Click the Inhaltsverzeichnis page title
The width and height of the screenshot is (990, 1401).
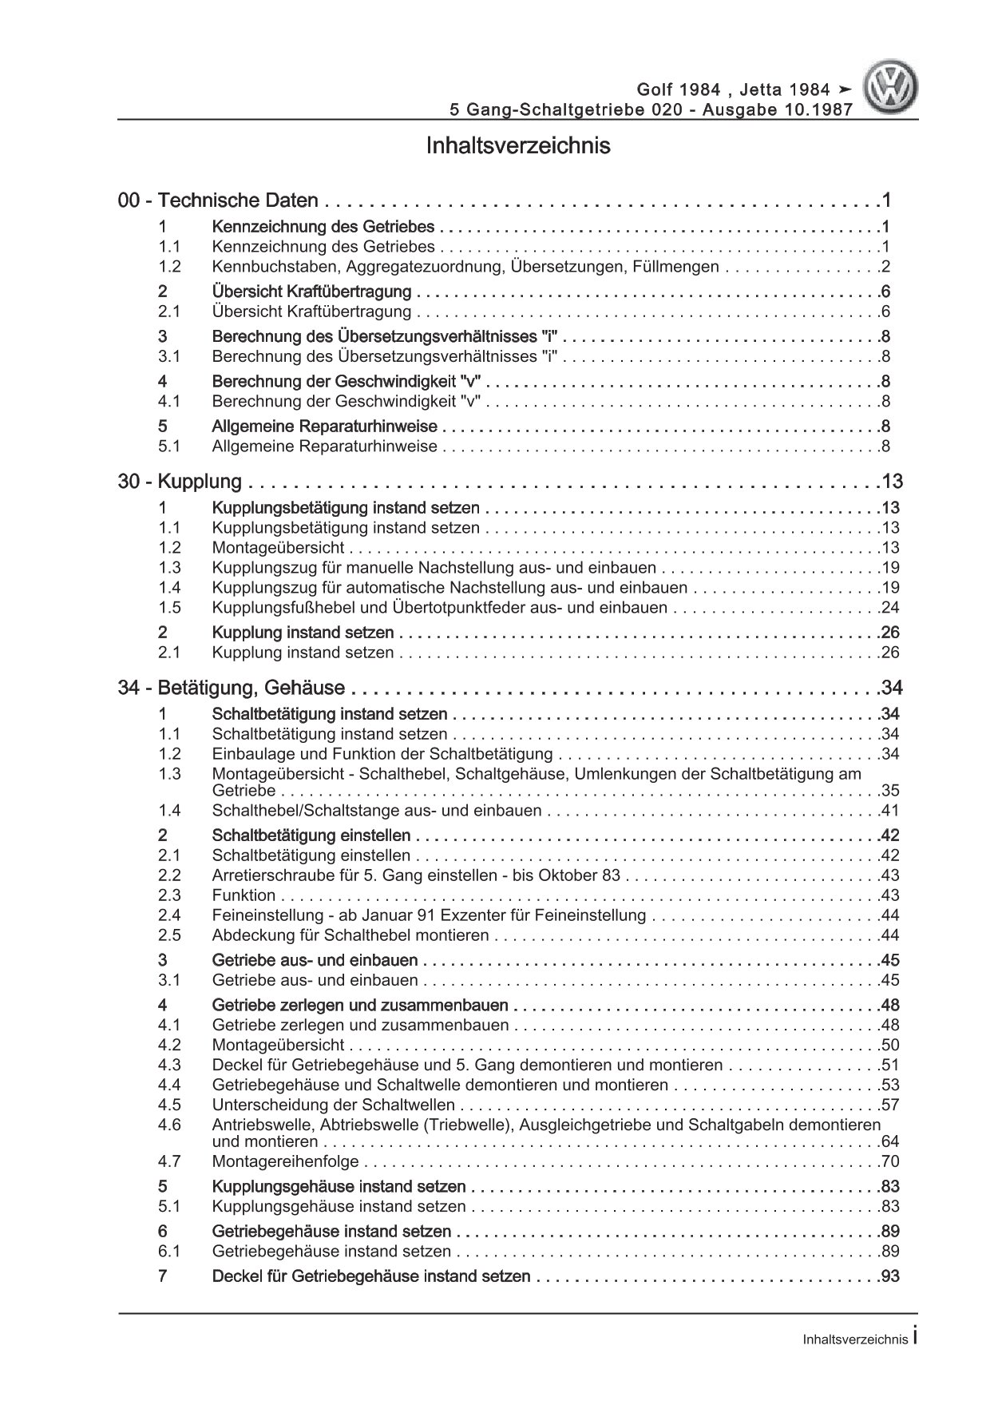pyautogui.click(x=518, y=146)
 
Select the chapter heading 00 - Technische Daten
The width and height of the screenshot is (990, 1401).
pyautogui.click(x=218, y=201)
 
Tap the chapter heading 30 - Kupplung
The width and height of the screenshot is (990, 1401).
pyautogui.click(x=180, y=482)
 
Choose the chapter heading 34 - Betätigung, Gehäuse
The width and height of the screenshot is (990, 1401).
pyautogui.click(x=232, y=688)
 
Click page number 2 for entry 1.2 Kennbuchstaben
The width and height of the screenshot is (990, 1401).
pyautogui.click(x=885, y=268)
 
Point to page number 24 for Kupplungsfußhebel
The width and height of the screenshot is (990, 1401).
pyautogui.click(x=889, y=608)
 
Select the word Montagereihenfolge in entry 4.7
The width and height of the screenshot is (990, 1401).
pyautogui.click(x=286, y=1161)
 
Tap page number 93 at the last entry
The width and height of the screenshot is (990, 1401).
pyautogui.click(x=889, y=1276)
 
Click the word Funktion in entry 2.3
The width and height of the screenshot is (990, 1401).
pyautogui.click(x=244, y=895)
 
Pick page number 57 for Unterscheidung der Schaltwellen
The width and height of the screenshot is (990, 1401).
pyautogui.click(x=889, y=1105)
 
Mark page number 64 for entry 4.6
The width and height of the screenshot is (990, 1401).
pyautogui.click(x=889, y=1142)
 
